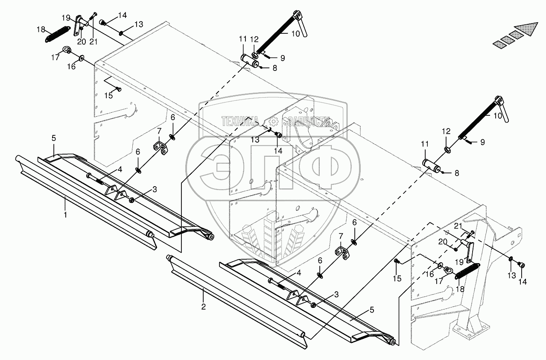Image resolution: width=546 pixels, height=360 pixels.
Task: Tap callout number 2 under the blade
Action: [204, 306]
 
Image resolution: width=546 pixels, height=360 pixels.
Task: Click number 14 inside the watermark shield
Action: [278, 150]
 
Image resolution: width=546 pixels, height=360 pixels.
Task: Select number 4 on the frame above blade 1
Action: [120, 170]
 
